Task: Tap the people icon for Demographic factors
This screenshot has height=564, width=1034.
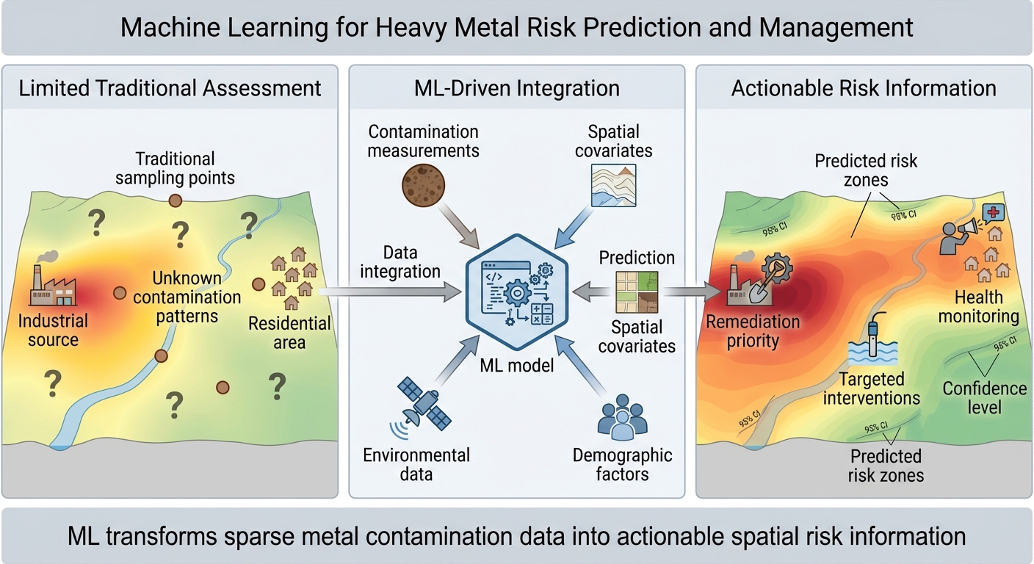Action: [x=622, y=418]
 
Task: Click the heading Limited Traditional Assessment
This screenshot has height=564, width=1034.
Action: [x=170, y=89]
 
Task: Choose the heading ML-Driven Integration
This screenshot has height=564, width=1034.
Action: [x=516, y=89]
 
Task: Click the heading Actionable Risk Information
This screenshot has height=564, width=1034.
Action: [x=864, y=89]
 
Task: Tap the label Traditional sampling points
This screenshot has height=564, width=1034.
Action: [x=175, y=168]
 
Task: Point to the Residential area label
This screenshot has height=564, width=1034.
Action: [x=289, y=333]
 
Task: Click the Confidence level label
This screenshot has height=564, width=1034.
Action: [x=984, y=397]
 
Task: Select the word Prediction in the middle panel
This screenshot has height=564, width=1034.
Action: [x=637, y=258]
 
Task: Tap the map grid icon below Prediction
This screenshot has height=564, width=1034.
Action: [x=637, y=292]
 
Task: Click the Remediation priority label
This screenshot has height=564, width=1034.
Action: [x=753, y=331]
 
